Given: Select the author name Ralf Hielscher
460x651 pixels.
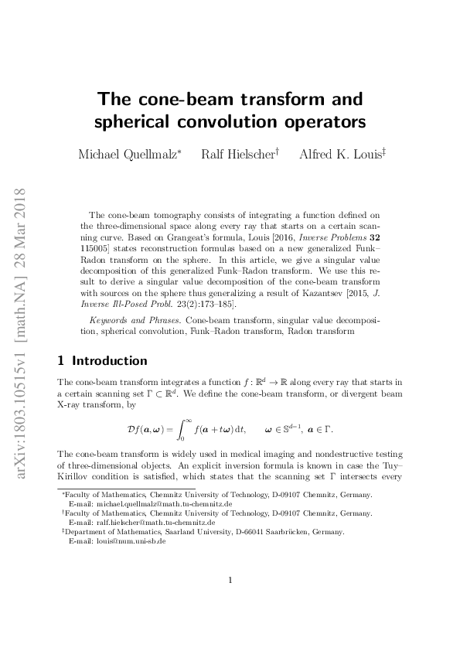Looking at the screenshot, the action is coord(237,155).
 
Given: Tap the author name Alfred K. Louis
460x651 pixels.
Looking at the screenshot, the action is coord(339,155).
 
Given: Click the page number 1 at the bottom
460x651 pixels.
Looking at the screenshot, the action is coord(230,602).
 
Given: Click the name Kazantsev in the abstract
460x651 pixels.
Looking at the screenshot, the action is coord(286,294).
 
